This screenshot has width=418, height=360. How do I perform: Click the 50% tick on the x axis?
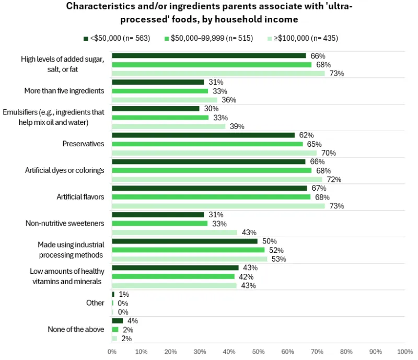(x=258, y=352)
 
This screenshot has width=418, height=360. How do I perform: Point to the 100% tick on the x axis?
(x=404, y=352)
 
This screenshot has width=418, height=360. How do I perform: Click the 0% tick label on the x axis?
(x=112, y=352)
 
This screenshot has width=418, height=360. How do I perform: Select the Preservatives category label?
(x=83, y=144)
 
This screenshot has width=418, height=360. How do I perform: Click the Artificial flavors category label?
(x=80, y=197)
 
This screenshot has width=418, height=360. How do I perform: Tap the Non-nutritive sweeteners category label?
(x=65, y=224)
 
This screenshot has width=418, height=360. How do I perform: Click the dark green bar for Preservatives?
(x=203, y=135)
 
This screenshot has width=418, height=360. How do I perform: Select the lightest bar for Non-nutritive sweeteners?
(x=175, y=233)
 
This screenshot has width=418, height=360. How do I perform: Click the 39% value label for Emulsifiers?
(x=237, y=126)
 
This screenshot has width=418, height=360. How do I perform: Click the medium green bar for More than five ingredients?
(x=160, y=91)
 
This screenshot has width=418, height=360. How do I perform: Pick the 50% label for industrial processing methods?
(x=269, y=241)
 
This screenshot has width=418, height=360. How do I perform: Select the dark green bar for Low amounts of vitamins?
(x=175, y=268)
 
